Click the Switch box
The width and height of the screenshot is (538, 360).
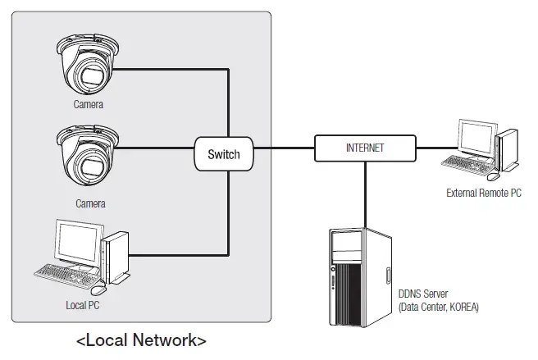tap(224, 154)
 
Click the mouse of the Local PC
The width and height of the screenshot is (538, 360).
tap(98, 289)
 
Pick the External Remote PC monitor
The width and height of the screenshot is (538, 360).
tap(476, 141)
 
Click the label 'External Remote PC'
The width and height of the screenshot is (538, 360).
tap(483, 194)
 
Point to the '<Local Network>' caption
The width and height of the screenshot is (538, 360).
tap(141, 340)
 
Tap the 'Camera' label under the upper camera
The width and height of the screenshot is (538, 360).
tap(88, 105)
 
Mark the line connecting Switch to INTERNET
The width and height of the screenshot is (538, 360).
tap(284, 148)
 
